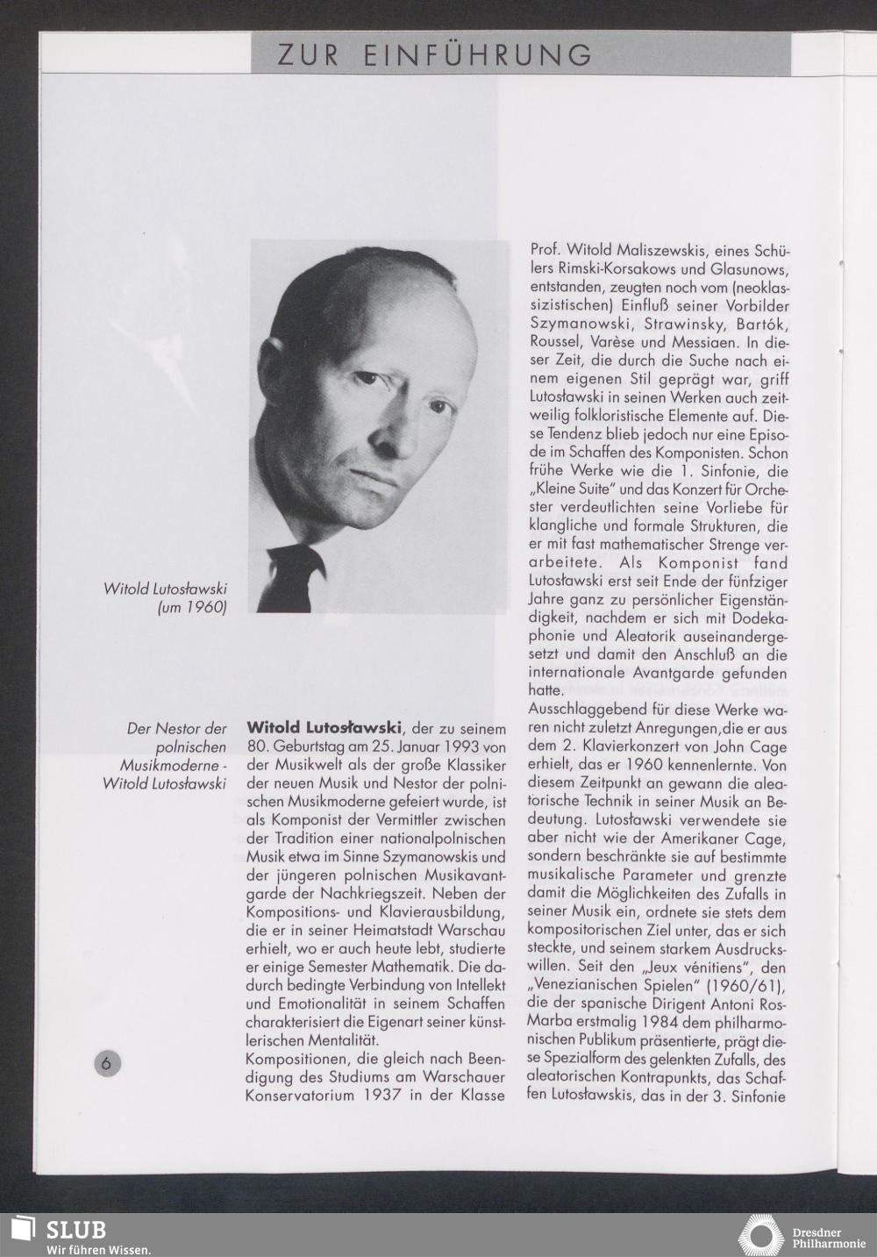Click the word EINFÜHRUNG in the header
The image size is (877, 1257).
click(477, 56)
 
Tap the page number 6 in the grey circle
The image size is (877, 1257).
click(107, 1062)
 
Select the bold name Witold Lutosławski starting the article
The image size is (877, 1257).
click(324, 727)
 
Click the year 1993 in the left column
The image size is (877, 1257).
click(458, 746)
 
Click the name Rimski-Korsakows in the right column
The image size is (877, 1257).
click(595, 268)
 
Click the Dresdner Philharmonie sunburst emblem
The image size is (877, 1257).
click(760, 1234)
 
